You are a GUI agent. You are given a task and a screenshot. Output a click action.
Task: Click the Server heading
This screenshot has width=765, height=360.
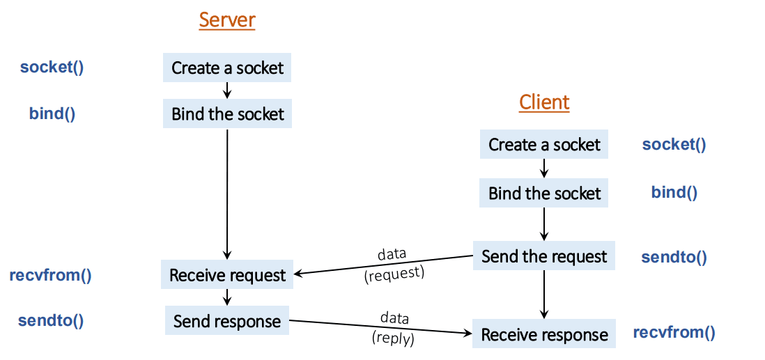click(227, 19)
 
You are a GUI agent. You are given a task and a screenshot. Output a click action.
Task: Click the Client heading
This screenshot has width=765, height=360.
click(544, 102)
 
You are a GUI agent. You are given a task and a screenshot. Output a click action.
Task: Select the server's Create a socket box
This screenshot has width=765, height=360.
click(227, 68)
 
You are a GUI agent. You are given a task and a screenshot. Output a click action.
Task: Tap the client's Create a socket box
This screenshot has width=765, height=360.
click(544, 145)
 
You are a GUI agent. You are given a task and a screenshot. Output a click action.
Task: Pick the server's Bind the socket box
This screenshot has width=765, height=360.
click(227, 114)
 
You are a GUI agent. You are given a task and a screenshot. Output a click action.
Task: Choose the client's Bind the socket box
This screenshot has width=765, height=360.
click(544, 193)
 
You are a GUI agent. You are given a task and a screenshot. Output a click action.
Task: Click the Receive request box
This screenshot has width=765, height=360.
click(227, 275)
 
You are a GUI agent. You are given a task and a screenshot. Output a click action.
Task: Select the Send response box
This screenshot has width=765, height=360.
click(227, 321)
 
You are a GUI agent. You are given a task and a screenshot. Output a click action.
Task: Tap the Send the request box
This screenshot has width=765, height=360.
click(544, 256)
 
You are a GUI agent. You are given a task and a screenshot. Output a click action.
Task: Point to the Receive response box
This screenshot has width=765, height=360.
click(544, 335)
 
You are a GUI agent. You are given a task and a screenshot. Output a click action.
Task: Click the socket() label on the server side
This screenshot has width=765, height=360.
click(52, 68)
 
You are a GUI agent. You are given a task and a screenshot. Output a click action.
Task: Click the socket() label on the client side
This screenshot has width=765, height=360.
click(674, 145)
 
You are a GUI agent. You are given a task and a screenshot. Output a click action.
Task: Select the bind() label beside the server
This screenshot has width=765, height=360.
click(52, 114)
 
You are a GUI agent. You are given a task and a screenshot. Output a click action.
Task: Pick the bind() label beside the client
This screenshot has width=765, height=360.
click(674, 192)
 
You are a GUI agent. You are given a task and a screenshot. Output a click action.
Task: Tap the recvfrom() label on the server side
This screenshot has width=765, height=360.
click(50, 274)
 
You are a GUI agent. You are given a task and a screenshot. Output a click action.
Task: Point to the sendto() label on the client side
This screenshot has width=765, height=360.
click(674, 257)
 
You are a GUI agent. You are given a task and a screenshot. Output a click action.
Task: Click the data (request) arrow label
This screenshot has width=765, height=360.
click(393, 263)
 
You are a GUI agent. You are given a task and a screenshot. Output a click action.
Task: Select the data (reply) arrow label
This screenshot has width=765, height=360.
click(394, 328)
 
